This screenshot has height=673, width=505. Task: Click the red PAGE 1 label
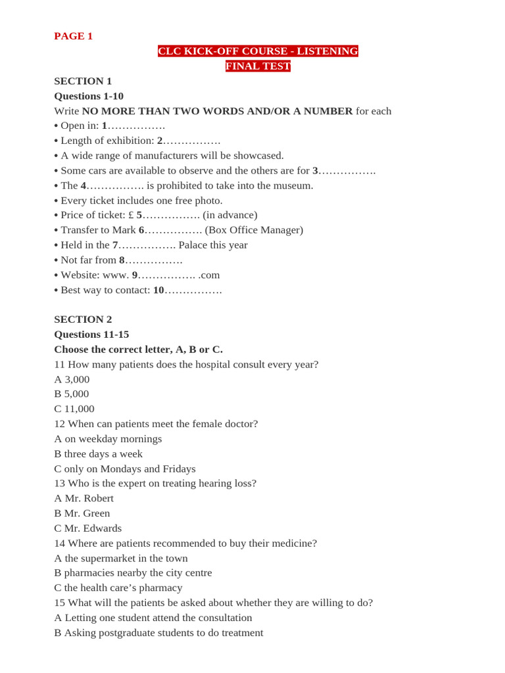73,36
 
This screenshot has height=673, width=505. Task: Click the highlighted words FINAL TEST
258,66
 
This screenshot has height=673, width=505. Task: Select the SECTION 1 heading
83,81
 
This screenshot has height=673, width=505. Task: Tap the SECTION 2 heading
83,319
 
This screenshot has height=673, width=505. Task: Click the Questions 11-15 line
91,334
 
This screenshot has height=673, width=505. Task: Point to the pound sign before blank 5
131,215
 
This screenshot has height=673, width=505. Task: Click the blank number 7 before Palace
115,245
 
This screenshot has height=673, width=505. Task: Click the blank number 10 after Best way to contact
158,290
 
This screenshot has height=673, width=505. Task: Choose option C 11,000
74,409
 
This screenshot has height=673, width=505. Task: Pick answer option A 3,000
72,379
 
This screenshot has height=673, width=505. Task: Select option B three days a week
98,453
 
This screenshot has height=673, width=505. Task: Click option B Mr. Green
82,513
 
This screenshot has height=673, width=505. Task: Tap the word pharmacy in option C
162,588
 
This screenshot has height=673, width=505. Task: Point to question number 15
59,603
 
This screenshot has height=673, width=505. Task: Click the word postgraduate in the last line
132,633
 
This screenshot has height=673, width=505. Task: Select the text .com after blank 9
209,275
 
